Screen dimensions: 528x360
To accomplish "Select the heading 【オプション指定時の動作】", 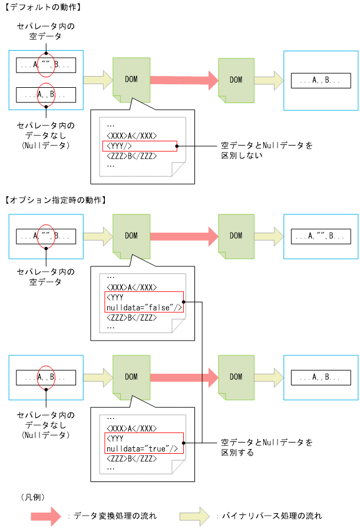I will click(x=54, y=200).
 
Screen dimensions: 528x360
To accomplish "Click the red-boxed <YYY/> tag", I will click(x=140, y=146).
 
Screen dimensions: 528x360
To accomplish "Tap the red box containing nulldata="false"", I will click(x=144, y=302).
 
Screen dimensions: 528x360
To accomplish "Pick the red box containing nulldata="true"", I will click(x=144, y=443).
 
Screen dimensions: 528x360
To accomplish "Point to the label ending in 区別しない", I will click(x=266, y=150).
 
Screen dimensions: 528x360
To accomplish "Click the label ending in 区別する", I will click(x=266, y=446).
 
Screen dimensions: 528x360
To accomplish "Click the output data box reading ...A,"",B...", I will click(x=321, y=236).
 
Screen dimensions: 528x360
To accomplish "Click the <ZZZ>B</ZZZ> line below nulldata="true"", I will click(x=131, y=458).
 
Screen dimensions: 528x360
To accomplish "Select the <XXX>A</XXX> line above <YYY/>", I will click(x=131, y=135).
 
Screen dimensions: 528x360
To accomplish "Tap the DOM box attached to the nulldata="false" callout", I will click(x=131, y=236).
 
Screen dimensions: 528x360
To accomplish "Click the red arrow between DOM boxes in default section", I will click(x=183, y=80).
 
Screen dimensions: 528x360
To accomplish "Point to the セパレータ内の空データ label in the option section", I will click(x=47, y=277).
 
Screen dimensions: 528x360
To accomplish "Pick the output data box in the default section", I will click(x=321, y=80).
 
